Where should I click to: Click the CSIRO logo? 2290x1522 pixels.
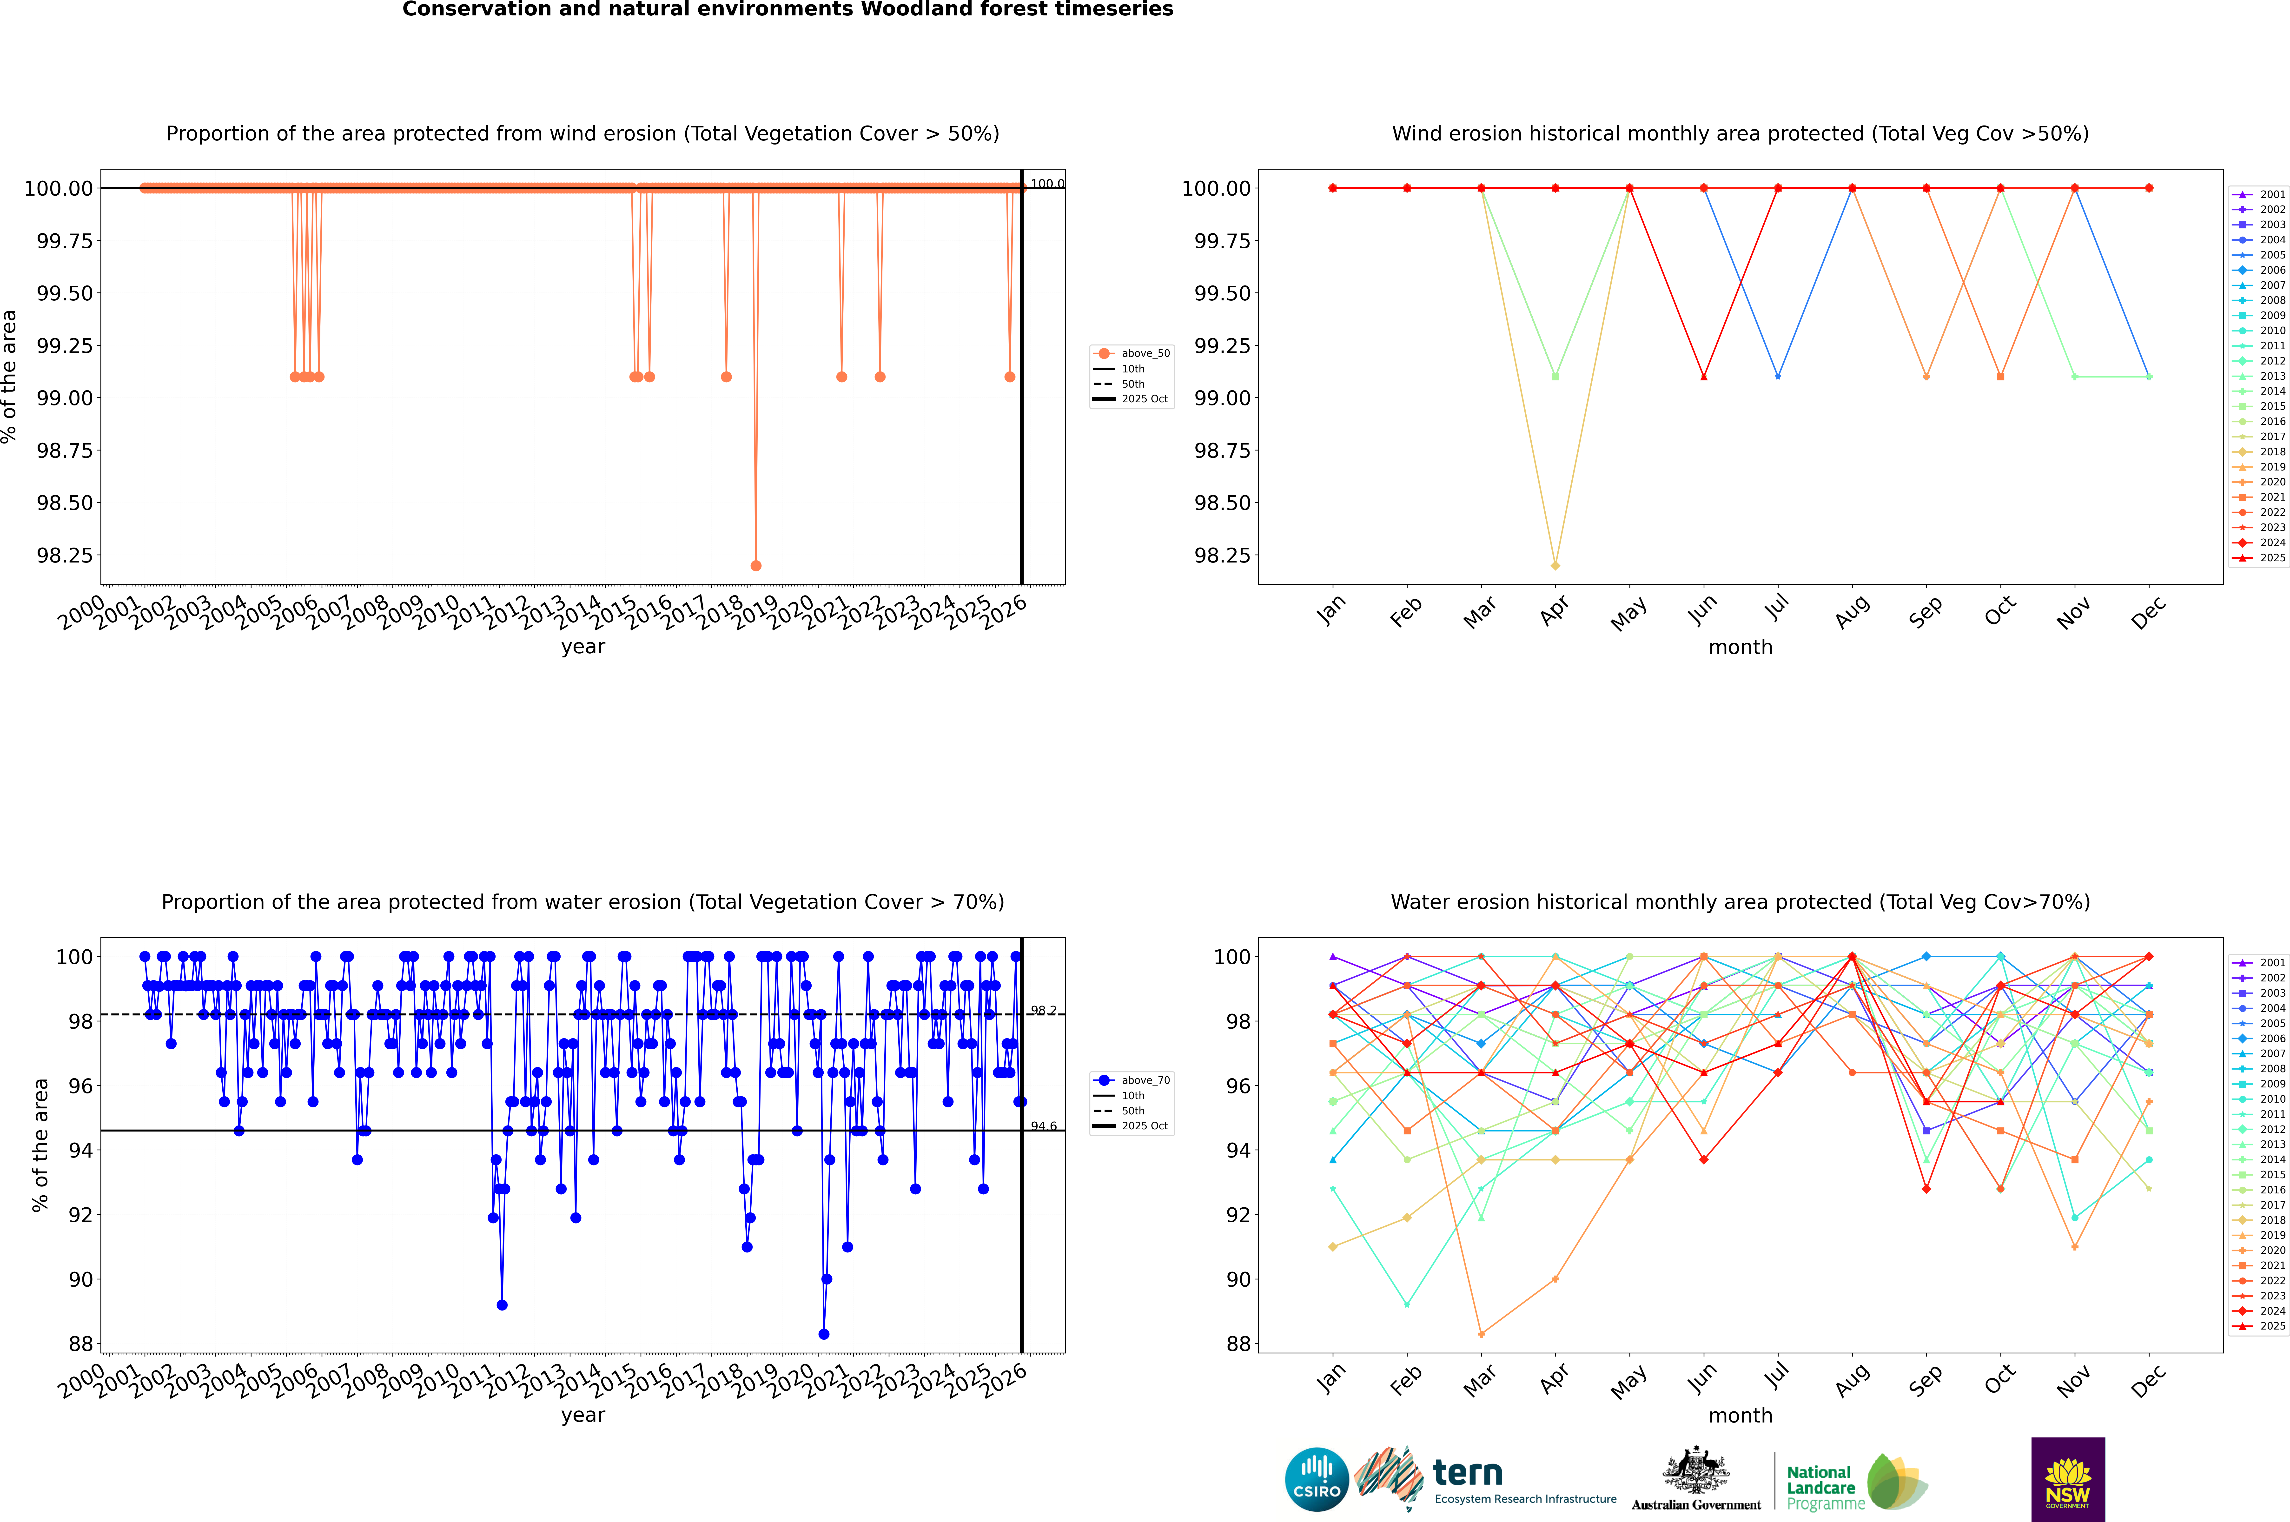pyautogui.click(x=1316, y=1479)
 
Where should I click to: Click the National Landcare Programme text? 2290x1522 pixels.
pyautogui.click(x=1820, y=1487)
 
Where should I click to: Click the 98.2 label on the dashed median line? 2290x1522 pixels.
pyautogui.click(x=1044, y=1011)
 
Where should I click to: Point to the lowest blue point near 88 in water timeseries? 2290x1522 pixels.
pyautogui.click(x=824, y=1334)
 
